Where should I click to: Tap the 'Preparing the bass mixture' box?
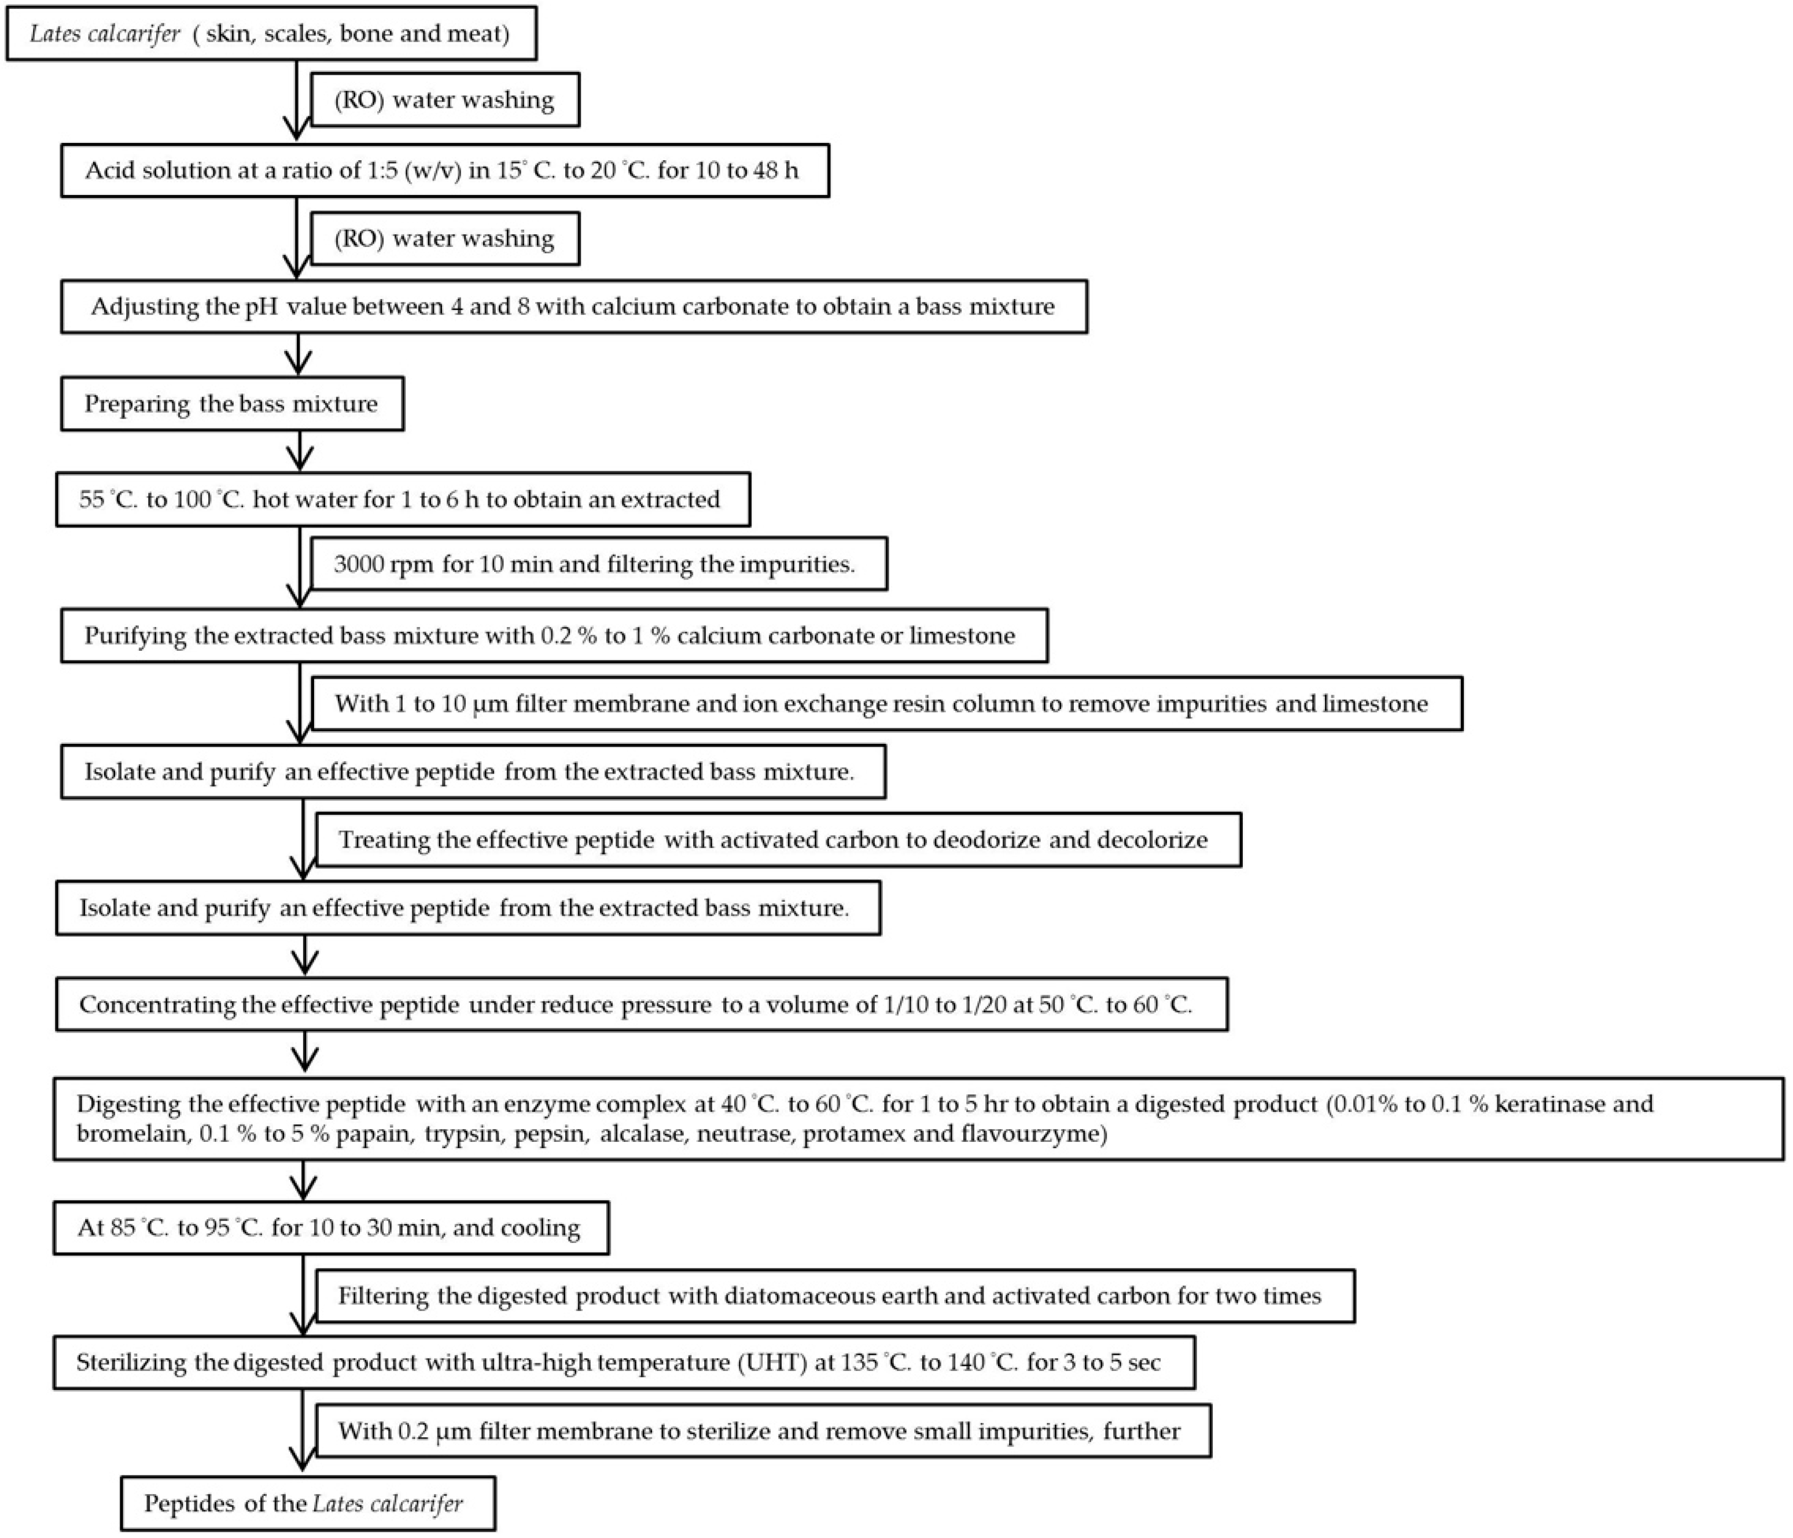pos(231,404)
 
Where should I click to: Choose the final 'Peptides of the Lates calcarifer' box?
pos(307,1503)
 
